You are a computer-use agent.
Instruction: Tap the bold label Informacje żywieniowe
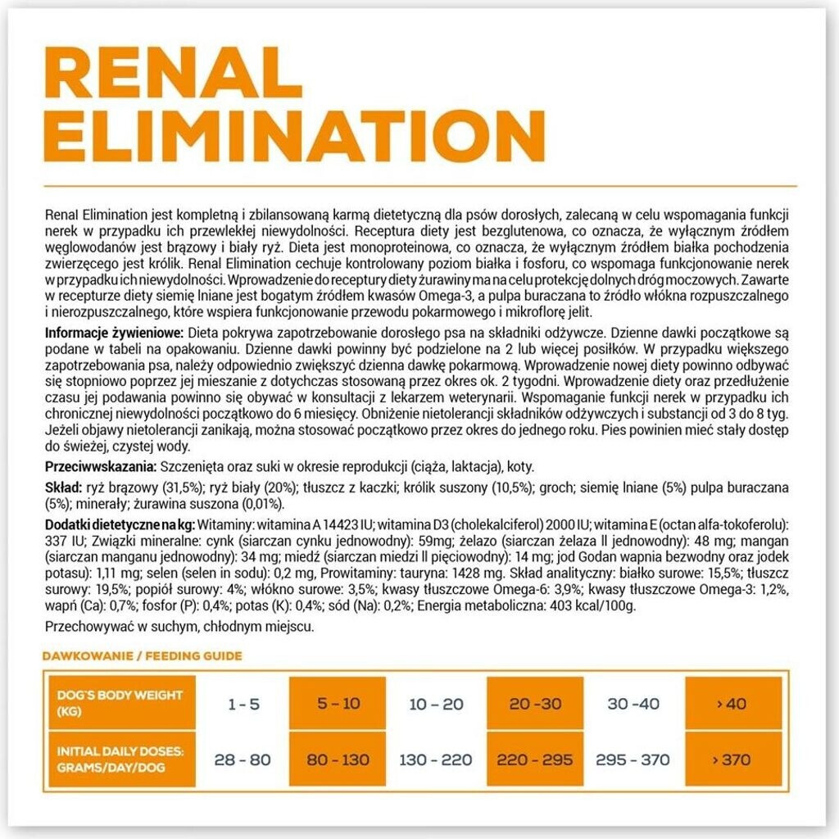(x=115, y=333)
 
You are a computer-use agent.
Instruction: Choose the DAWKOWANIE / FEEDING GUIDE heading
(x=141, y=655)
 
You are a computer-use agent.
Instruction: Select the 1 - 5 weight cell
(x=243, y=704)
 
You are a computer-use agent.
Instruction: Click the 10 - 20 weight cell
(x=435, y=704)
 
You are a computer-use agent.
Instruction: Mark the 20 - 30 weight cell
(x=534, y=704)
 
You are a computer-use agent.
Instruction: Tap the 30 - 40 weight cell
(x=633, y=704)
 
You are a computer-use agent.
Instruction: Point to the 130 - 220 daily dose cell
(x=437, y=760)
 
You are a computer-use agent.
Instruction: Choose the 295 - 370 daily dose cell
(x=633, y=760)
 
